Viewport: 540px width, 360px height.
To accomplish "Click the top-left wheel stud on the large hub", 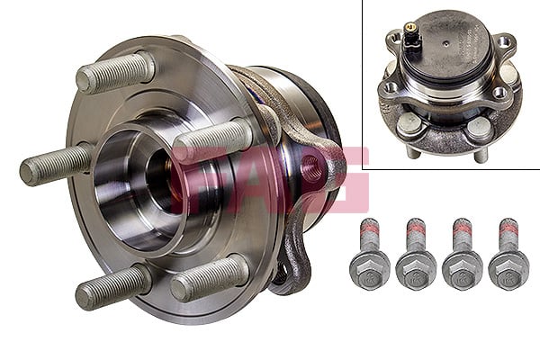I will pos(115,72).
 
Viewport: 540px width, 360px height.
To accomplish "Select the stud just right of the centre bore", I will pos(212,140).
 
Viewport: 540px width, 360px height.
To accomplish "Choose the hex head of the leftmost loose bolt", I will pos(369,268).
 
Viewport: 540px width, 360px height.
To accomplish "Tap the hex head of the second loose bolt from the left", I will pos(416,268).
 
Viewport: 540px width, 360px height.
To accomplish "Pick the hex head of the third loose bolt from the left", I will pos(463,268).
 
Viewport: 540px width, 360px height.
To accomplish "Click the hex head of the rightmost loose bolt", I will pos(508,268).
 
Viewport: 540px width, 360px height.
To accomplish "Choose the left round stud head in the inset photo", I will pos(409,125).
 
